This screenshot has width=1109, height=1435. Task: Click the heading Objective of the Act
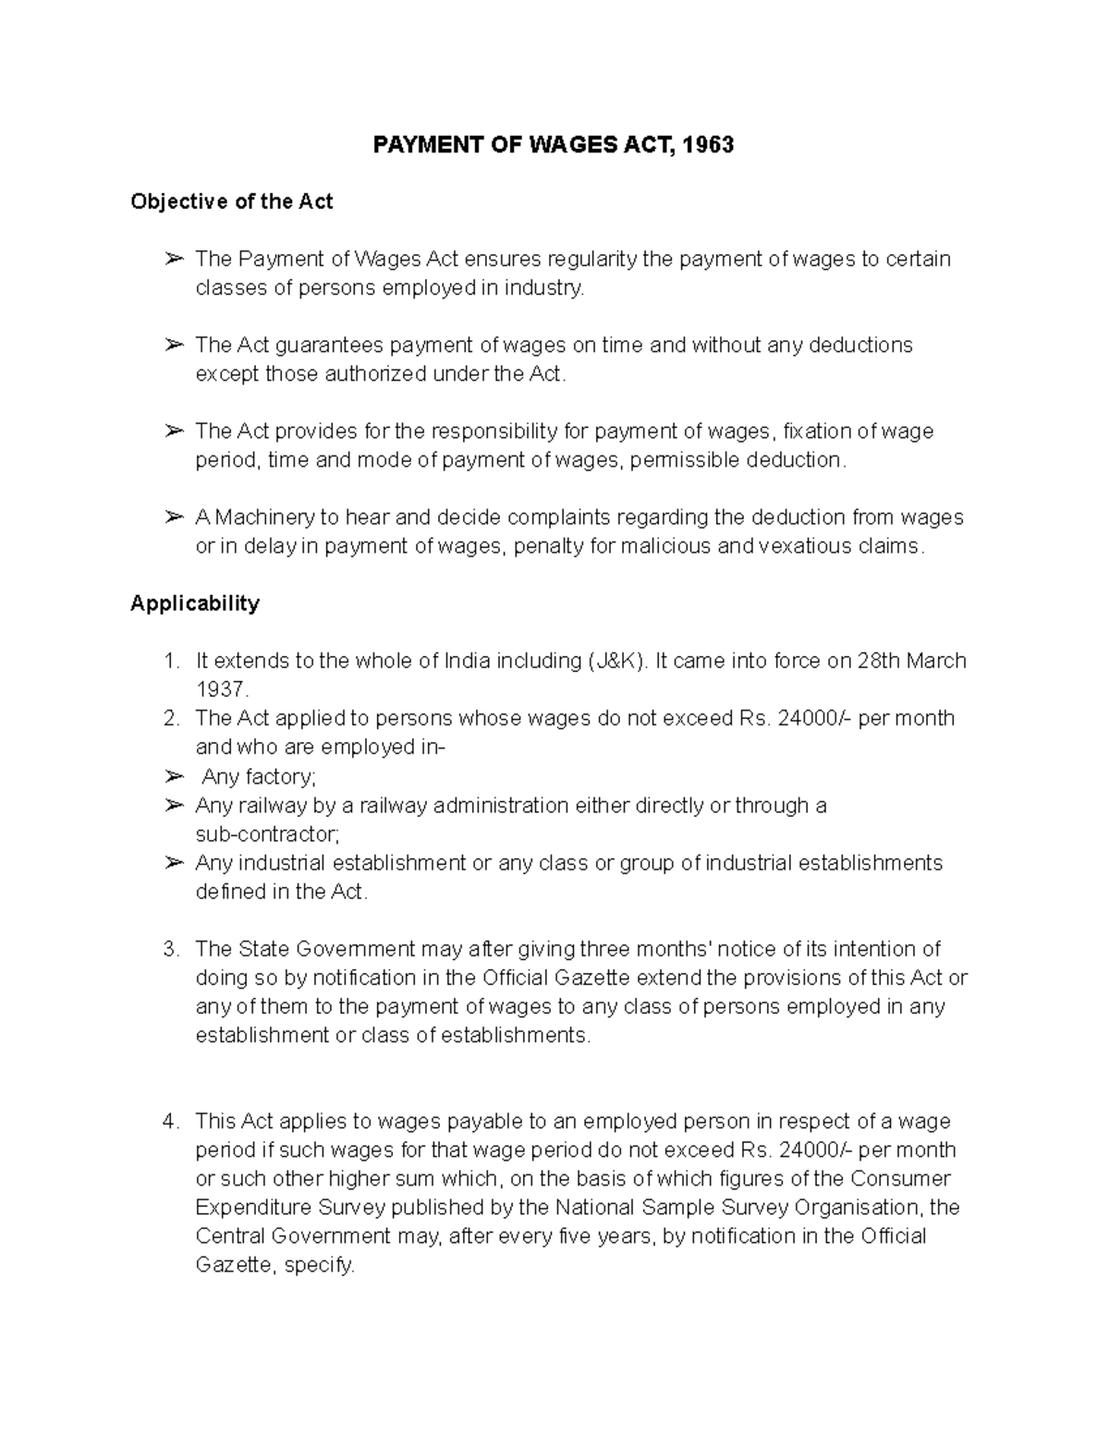[x=231, y=201]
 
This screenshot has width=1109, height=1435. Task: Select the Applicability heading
[x=195, y=603]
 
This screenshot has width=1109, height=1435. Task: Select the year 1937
[x=221, y=689]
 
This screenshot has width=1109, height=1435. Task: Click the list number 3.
[x=169, y=949]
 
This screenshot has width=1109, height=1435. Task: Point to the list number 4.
[x=169, y=1122]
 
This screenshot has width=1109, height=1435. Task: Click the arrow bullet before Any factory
[x=174, y=776]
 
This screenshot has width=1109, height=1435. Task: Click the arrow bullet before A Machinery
[x=174, y=517]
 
